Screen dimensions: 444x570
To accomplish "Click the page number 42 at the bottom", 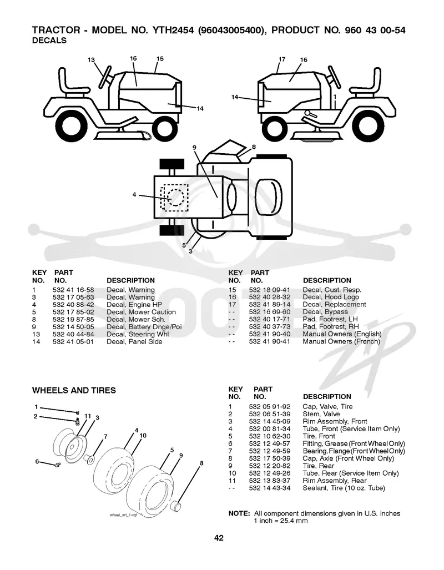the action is click(219, 538).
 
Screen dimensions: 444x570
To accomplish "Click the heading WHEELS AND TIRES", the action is click(74, 390).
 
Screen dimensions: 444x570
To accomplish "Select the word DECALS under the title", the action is click(49, 41).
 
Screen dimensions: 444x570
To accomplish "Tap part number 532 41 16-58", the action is click(73, 290).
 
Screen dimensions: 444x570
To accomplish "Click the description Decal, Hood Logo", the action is click(331, 297).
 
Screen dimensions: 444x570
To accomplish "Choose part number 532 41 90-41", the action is click(270, 341).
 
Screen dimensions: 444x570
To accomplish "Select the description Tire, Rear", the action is click(318, 466).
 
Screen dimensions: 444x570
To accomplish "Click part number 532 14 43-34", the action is click(270, 488).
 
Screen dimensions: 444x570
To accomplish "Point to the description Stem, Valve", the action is click(321, 414).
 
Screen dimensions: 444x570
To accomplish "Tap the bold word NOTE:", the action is click(239, 513).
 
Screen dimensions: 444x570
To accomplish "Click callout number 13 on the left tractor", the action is click(91, 60).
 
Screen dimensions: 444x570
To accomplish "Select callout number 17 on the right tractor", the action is click(282, 59).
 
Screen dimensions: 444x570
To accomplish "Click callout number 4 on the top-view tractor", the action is click(134, 195).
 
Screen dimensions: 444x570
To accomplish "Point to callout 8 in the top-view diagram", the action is click(254, 147).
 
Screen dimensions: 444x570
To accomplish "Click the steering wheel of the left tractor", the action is click(105, 77).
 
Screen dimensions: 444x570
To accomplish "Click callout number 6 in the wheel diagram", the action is click(37, 461).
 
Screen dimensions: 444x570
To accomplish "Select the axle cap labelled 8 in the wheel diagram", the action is click(176, 506).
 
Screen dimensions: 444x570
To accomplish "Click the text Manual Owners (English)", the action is click(342, 334).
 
